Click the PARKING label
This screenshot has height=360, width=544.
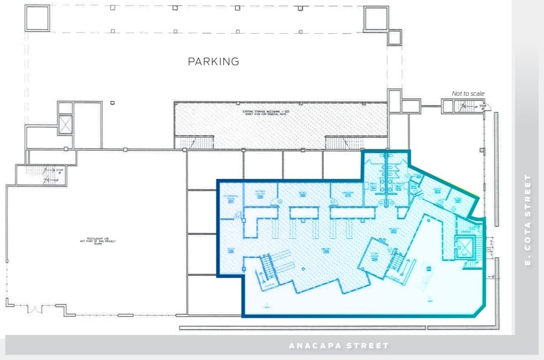[x=213, y=61]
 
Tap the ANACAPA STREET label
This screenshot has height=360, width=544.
[x=339, y=346]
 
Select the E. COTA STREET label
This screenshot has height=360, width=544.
[x=528, y=220]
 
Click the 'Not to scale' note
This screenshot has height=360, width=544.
[x=468, y=93]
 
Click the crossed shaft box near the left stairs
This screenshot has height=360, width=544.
[x=65, y=124]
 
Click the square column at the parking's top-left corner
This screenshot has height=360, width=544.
[x=37, y=18]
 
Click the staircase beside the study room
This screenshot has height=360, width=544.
[x=397, y=262]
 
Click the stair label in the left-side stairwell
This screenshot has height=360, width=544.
[x=59, y=171]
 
